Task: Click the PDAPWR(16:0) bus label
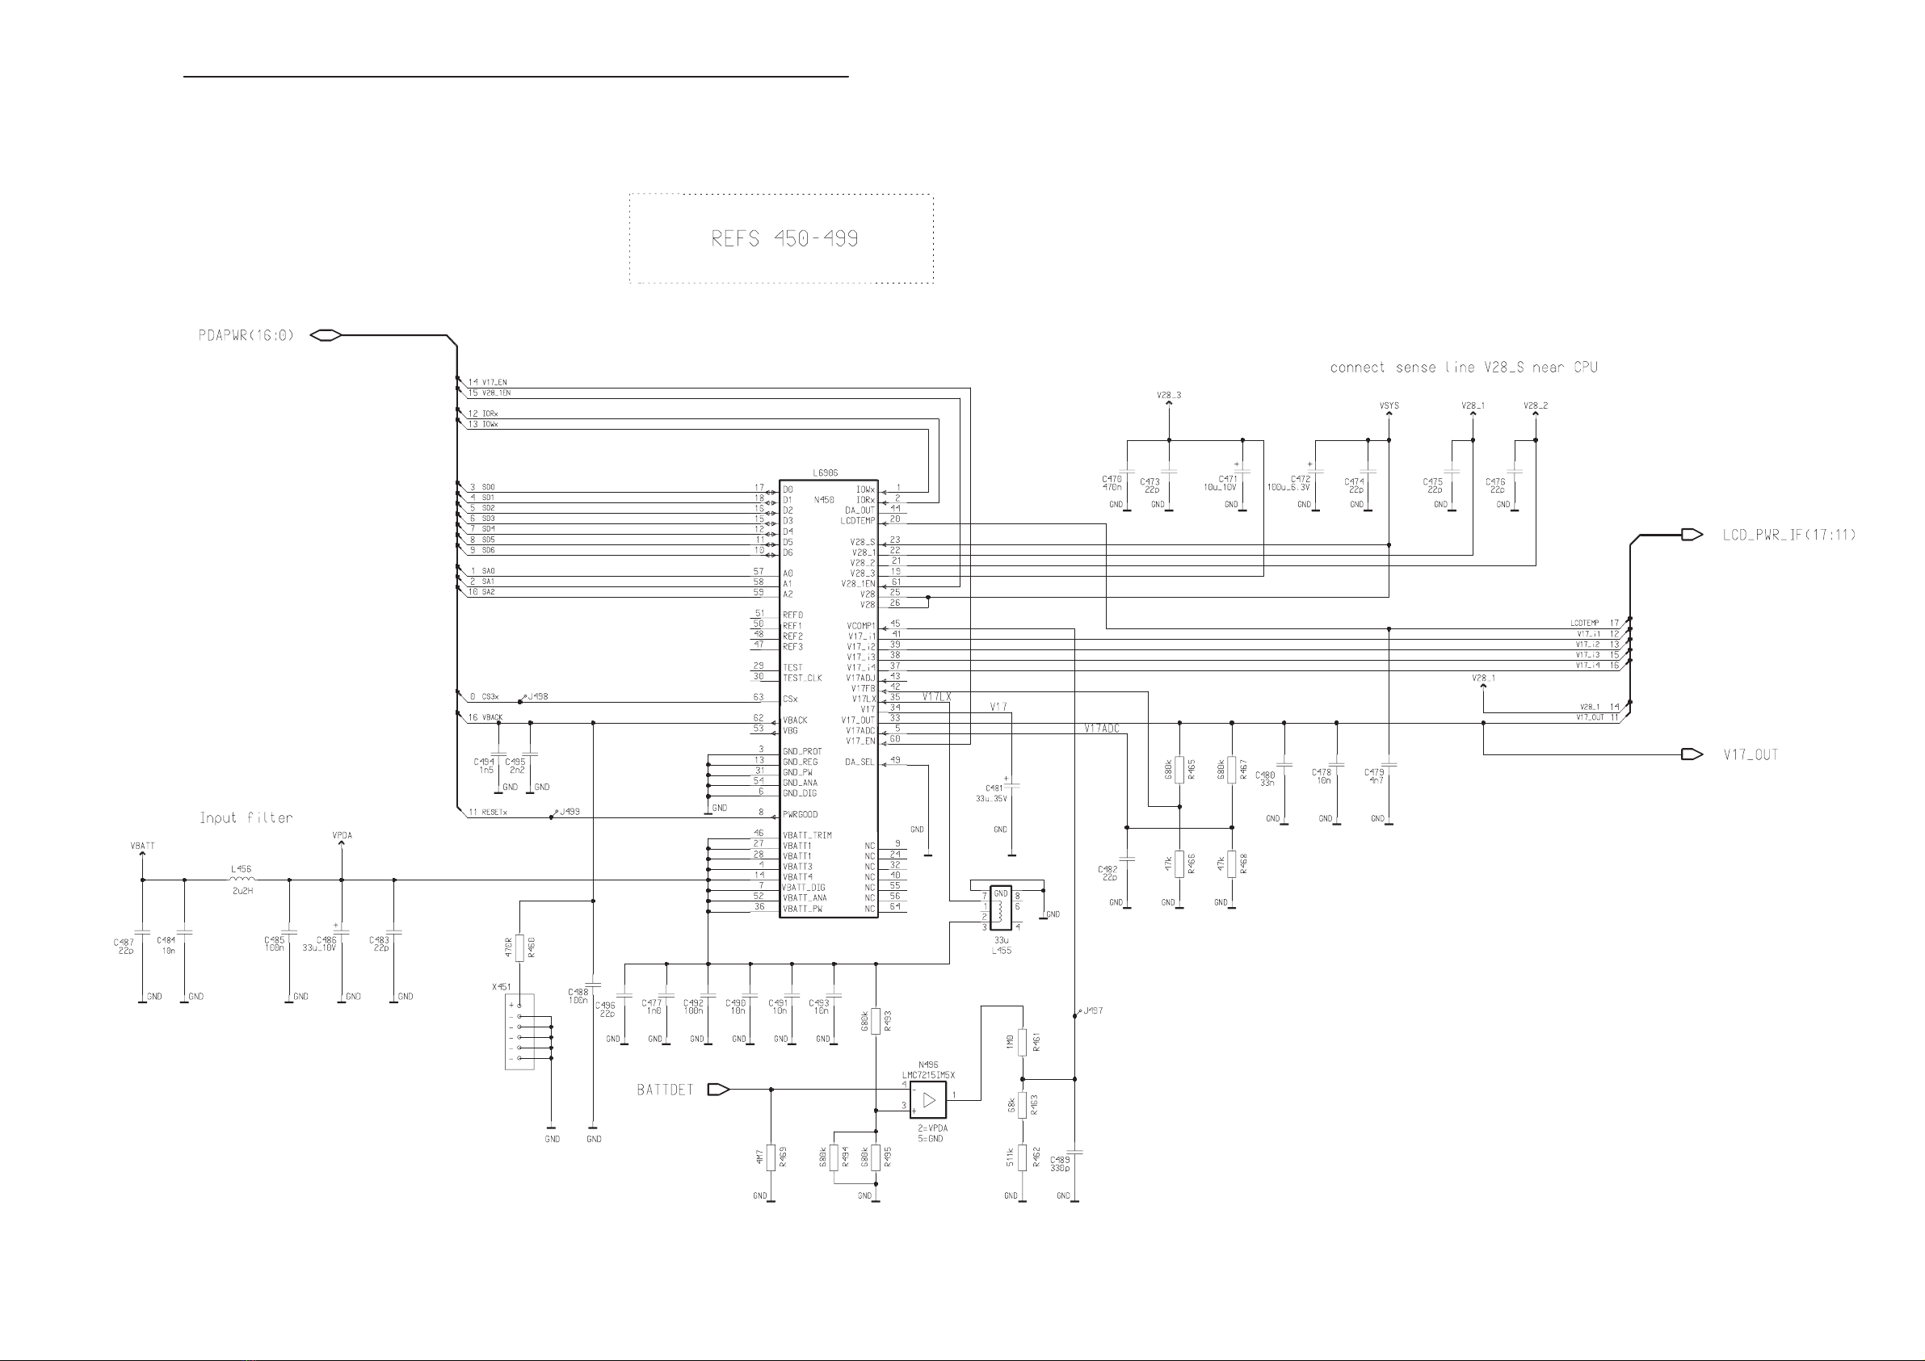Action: [246, 335]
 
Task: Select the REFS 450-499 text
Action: [784, 239]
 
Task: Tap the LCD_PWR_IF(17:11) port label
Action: [1789, 535]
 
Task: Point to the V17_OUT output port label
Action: [1751, 754]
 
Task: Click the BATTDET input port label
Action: [665, 1090]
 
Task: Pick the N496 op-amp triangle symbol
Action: [928, 1100]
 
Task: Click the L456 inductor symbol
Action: [242, 880]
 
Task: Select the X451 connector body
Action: [519, 1031]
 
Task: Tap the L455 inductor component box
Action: [1000, 907]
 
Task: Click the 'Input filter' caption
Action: [246, 817]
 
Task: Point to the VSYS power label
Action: [1389, 405]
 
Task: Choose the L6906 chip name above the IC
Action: [825, 474]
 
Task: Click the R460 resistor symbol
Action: [519, 948]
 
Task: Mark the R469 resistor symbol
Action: [771, 1158]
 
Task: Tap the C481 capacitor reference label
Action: [994, 788]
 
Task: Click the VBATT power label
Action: [142, 846]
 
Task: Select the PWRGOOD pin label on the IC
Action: [800, 814]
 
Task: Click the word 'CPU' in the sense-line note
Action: [1585, 368]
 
